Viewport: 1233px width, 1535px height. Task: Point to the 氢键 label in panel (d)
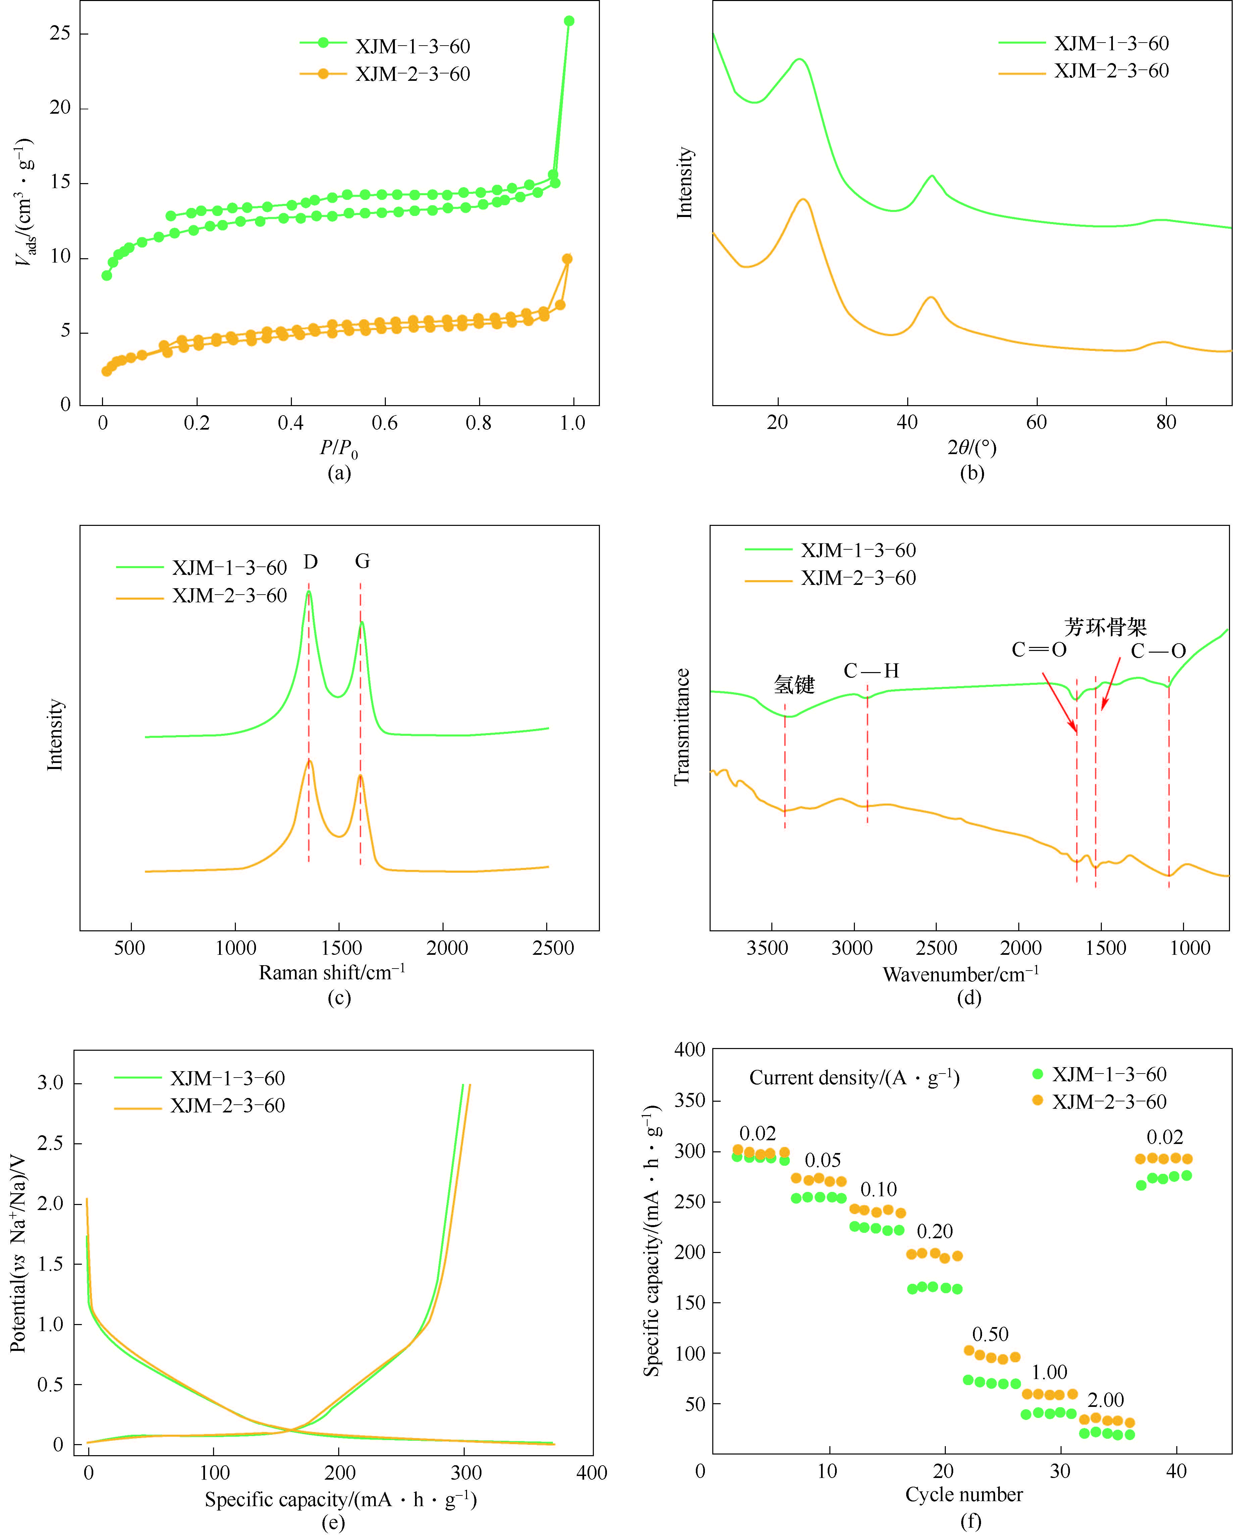(x=794, y=685)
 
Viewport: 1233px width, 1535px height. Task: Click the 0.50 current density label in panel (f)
(x=990, y=1334)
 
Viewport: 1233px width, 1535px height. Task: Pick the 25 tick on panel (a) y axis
(x=60, y=34)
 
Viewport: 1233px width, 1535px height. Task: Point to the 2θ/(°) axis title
(x=972, y=448)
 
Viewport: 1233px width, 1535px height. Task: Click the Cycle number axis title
(x=964, y=1494)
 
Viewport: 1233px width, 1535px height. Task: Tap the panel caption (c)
(x=339, y=998)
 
